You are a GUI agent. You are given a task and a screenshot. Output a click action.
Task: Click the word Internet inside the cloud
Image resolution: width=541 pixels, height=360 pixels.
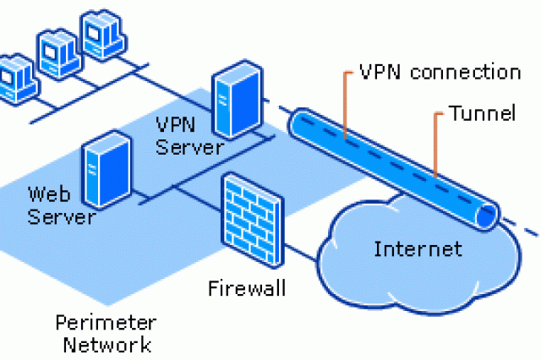click(418, 249)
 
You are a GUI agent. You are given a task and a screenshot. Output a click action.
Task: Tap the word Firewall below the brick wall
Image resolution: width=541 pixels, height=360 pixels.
click(247, 289)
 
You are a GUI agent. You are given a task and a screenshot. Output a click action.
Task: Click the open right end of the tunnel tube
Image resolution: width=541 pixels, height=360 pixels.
click(487, 215)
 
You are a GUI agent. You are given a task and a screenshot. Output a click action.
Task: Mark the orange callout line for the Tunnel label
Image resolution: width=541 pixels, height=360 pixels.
click(436, 144)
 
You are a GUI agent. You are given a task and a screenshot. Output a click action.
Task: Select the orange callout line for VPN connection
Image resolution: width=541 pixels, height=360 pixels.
click(345, 101)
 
